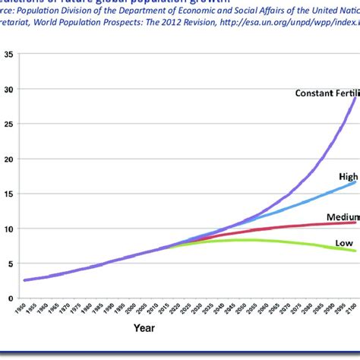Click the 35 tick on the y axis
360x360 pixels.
coord(8,55)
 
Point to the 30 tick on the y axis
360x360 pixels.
coord(8,90)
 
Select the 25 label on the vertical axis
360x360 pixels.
coord(8,125)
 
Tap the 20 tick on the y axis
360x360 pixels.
coord(8,159)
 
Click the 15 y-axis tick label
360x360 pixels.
coord(8,194)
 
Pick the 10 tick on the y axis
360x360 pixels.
coord(8,229)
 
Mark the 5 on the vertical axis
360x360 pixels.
coord(9,264)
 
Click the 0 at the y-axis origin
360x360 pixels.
coord(9,298)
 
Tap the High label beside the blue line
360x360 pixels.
coord(348,176)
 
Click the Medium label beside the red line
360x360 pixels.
coord(343,217)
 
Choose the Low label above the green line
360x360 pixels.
coord(345,243)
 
